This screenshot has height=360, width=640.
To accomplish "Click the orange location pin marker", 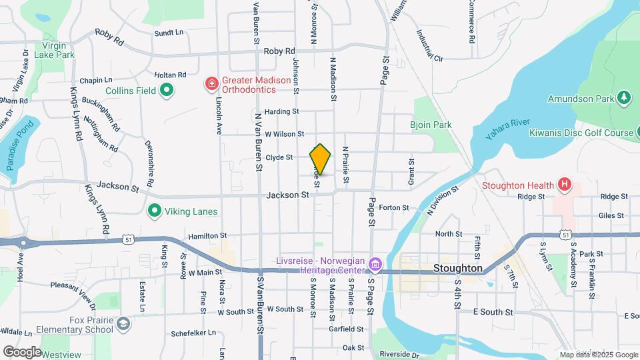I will tap(321, 159).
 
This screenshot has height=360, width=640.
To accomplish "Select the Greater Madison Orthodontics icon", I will tap(211, 83).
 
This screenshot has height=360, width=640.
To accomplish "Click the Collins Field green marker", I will tap(167, 90).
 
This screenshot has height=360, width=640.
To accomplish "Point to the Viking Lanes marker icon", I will tap(155, 211).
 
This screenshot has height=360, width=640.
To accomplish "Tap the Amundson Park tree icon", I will tap(624, 98).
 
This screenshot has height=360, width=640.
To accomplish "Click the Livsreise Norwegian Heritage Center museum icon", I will tap(375, 265).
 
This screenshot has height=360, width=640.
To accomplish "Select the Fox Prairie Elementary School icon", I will tap(123, 324).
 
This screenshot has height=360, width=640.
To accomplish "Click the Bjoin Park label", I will tap(431, 125).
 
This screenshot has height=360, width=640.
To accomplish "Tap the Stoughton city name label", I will tap(457, 268).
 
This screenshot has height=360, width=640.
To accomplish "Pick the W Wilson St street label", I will tap(284, 134).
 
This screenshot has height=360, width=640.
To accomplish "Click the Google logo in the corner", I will tap(22, 352).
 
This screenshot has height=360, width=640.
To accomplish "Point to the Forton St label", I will tap(393, 207).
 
